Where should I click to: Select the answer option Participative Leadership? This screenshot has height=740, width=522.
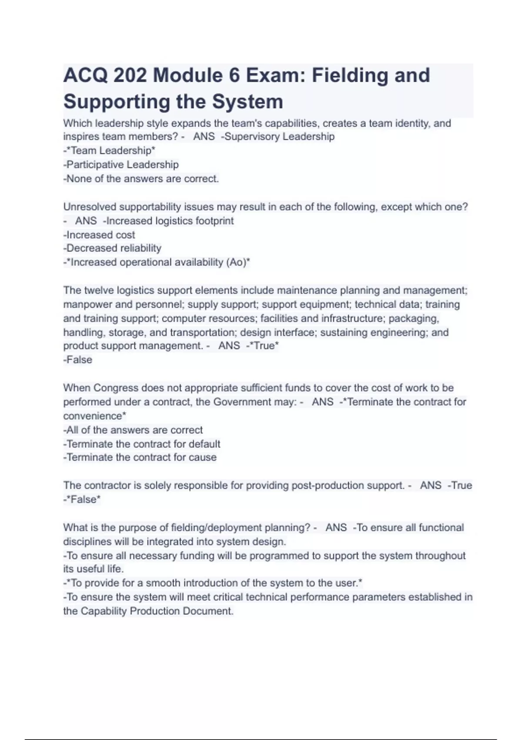(x=121, y=165)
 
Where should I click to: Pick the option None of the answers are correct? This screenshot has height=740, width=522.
(x=141, y=178)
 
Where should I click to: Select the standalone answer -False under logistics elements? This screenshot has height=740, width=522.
(x=78, y=360)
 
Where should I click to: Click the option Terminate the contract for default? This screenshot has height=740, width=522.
(x=142, y=444)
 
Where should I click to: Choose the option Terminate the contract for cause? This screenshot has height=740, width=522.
(x=140, y=457)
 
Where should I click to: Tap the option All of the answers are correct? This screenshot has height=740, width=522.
(x=133, y=430)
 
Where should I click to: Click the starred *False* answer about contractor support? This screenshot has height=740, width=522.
(x=83, y=500)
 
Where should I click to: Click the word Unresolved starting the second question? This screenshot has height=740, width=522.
(x=90, y=207)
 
